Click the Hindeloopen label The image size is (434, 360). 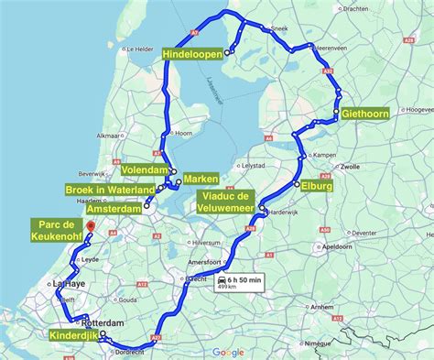click(193, 55)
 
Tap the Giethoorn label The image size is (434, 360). click(365, 115)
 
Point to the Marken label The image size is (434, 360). click(200, 178)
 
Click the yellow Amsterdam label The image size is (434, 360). click(114, 209)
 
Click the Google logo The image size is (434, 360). click(229, 352)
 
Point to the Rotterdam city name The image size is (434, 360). click(102, 323)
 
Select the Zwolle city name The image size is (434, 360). click(349, 168)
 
